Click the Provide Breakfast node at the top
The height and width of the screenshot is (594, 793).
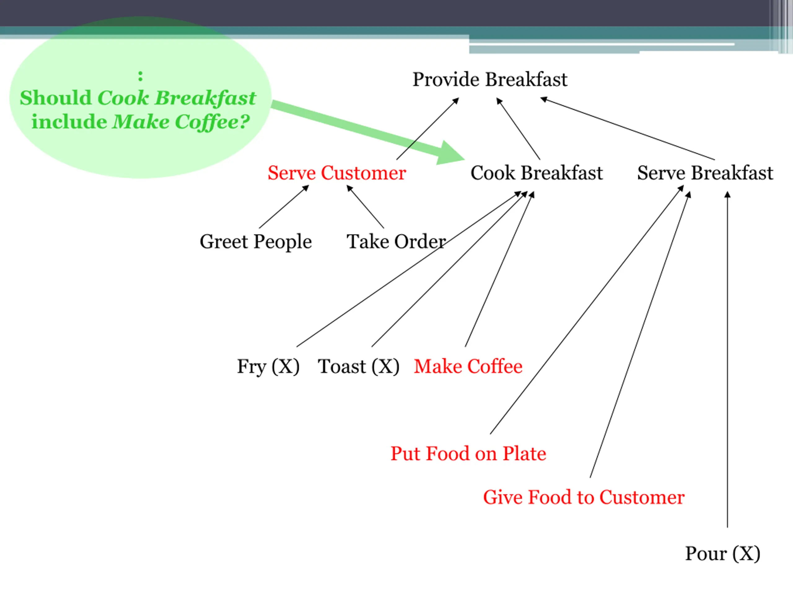pyautogui.click(x=490, y=80)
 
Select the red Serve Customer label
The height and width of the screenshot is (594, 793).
pyautogui.click(x=337, y=173)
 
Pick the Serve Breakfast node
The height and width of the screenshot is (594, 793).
pyautogui.click(x=705, y=173)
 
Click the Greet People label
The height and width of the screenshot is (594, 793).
pyautogui.click(x=256, y=241)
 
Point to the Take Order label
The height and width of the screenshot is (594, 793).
pyautogui.click(x=396, y=241)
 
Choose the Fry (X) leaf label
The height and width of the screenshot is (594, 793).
pyautogui.click(x=268, y=366)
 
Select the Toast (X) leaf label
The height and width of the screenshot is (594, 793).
pyautogui.click(x=358, y=366)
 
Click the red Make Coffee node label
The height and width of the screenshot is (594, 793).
pyautogui.click(x=468, y=366)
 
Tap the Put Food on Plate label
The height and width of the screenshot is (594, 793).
pyautogui.click(x=468, y=454)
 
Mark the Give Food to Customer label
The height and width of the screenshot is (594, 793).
pyautogui.click(x=584, y=497)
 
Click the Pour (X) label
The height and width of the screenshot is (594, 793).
pyautogui.click(x=722, y=553)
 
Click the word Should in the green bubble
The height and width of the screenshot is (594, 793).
pyautogui.click(x=55, y=98)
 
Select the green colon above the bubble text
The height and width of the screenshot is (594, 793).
pyautogui.click(x=140, y=76)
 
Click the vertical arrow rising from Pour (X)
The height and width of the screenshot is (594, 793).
pyautogui.click(x=727, y=358)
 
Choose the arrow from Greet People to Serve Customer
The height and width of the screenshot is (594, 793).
pyautogui.click(x=283, y=207)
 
